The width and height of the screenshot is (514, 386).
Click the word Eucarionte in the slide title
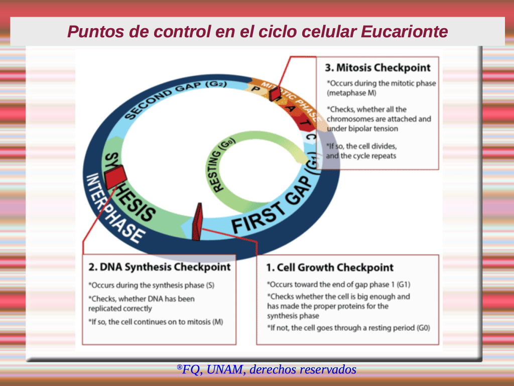click(x=404, y=32)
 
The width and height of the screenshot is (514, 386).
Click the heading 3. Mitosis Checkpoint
click(x=377, y=68)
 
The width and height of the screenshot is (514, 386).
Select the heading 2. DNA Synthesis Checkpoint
click(x=160, y=267)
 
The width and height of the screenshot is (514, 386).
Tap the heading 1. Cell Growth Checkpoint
click(x=330, y=268)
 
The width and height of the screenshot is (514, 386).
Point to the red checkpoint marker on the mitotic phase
click(x=275, y=93)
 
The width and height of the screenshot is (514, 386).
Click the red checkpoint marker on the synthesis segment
click(x=115, y=176)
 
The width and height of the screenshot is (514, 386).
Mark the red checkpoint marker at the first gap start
click(x=197, y=222)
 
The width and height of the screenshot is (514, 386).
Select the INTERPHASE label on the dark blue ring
click(x=114, y=209)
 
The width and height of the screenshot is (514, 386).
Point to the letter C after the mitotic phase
click(x=311, y=136)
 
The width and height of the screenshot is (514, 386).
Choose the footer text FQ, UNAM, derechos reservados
click(x=266, y=369)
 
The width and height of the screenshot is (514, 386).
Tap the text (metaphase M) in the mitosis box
click(x=351, y=93)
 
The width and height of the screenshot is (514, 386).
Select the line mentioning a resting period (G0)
click(x=348, y=328)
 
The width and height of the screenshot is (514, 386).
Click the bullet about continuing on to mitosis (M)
click(x=156, y=322)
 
